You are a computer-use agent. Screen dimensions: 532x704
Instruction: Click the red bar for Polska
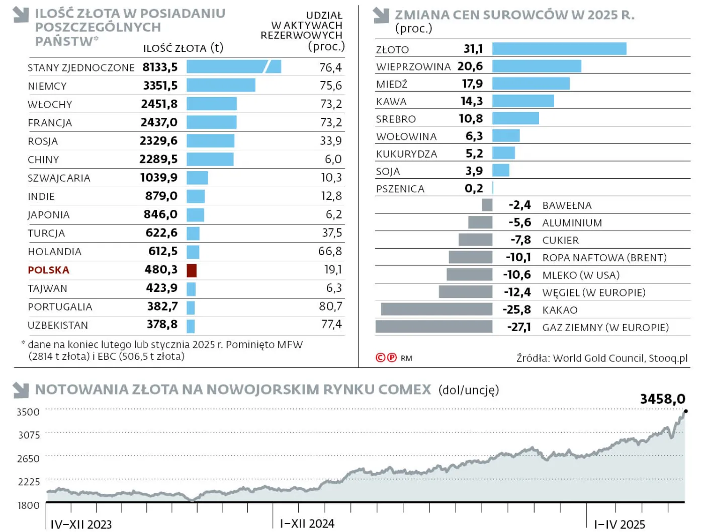point(192,270)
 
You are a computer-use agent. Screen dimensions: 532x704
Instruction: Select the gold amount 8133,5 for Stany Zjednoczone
point(160,67)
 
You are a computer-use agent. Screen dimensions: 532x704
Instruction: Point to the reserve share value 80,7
point(330,307)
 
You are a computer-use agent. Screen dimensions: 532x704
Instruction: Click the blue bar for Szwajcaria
point(197,178)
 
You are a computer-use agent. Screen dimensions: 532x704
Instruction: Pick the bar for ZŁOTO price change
point(559,49)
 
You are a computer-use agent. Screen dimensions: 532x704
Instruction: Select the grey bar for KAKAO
point(436,309)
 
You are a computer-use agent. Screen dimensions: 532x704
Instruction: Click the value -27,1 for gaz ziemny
point(518,327)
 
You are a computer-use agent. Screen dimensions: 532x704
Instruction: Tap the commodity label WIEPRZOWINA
point(413,67)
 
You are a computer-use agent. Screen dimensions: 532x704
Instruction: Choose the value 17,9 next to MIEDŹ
point(472,84)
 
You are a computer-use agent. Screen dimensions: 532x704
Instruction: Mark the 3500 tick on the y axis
point(28,412)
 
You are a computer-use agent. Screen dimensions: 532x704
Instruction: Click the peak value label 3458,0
point(662,399)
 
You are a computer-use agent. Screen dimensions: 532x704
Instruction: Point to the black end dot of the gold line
point(686,411)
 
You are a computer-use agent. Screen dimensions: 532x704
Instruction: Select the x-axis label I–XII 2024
point(307,524)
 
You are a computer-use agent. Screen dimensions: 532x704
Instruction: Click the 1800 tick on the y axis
point(28,505)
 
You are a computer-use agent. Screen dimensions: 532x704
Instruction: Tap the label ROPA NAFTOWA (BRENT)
point(604,258)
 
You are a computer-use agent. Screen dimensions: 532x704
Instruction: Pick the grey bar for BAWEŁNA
point(487,205)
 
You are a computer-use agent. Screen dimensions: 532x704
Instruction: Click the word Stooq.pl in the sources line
point(668,358)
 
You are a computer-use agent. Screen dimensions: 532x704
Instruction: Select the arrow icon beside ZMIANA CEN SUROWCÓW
point(382,16)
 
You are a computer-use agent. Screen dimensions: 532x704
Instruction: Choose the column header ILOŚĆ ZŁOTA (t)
point(183,48)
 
